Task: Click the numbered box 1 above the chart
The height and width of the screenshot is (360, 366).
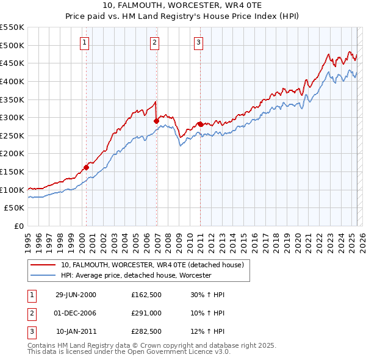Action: [84, 42]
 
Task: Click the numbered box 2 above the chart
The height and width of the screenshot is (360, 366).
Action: [155, 42]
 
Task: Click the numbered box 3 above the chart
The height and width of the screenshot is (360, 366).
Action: [199, 42]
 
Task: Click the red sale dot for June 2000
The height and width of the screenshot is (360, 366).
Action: [86, 167]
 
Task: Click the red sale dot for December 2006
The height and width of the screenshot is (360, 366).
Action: [156, 121]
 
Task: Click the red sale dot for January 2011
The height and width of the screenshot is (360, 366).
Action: [200, 124]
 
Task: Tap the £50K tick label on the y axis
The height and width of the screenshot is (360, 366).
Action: [15, 208]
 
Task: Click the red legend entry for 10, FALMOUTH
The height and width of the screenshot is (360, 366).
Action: [152, 265]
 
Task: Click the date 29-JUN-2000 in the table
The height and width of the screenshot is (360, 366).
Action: [76, 295]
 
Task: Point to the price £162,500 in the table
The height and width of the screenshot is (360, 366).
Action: [146, 295]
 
